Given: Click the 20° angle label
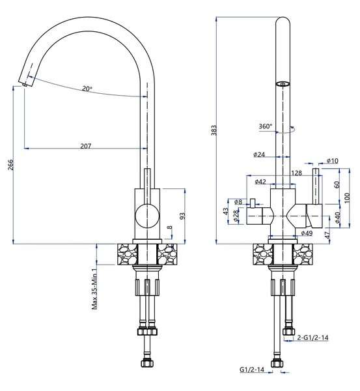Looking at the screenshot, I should (87, 89).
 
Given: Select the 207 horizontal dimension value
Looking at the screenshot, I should (85, 145).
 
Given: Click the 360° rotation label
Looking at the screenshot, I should (265, 126).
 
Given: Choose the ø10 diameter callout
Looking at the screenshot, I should (332, 161).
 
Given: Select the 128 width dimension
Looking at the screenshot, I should (297, 173).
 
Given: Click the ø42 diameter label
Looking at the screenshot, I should (260, 182).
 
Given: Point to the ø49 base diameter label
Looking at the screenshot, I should (307, 233).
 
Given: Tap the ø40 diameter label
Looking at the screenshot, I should (337, 216).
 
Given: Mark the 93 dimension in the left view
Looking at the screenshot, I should (182, 215).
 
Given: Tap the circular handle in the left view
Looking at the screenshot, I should (146, 215).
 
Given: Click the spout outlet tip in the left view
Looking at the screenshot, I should (24, 83).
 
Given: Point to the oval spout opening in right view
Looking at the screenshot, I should (282, 84).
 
